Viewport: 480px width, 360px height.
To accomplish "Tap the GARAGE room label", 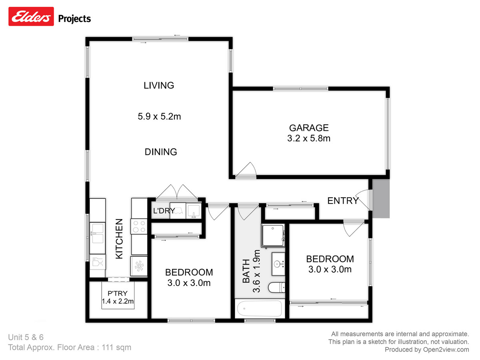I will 309,128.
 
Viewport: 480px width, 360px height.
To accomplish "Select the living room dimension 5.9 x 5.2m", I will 159,117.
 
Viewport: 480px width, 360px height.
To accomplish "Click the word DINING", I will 160,152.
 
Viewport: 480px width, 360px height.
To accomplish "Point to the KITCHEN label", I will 119,239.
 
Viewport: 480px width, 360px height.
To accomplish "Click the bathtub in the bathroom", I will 260,309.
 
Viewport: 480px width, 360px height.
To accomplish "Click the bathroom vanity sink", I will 278,264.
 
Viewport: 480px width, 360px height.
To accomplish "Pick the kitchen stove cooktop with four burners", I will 140,227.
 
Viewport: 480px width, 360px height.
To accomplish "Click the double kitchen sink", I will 97,233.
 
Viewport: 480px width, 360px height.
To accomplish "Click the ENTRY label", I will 343,201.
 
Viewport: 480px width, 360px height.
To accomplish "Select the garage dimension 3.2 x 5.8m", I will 309,139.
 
